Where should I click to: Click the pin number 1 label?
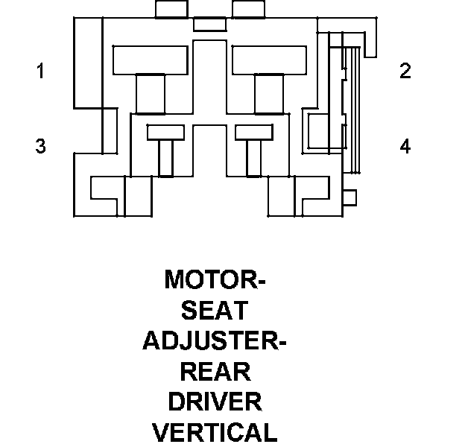40,72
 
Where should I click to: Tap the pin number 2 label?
405,72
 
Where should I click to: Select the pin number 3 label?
40,147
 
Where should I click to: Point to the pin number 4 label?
405,147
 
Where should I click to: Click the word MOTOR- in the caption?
215,280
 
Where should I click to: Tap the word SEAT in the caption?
215,311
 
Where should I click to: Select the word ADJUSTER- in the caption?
215,341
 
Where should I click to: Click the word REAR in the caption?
215,371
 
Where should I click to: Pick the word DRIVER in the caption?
215,402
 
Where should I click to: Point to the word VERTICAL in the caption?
215,432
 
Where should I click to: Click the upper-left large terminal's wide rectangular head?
149,60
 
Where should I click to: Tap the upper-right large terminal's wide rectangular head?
269,60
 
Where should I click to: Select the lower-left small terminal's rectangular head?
165,133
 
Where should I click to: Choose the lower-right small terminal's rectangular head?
254,133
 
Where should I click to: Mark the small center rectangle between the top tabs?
209,25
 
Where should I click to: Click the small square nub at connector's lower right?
349,197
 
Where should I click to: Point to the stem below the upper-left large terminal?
151,94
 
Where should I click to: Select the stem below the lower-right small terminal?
254,159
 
